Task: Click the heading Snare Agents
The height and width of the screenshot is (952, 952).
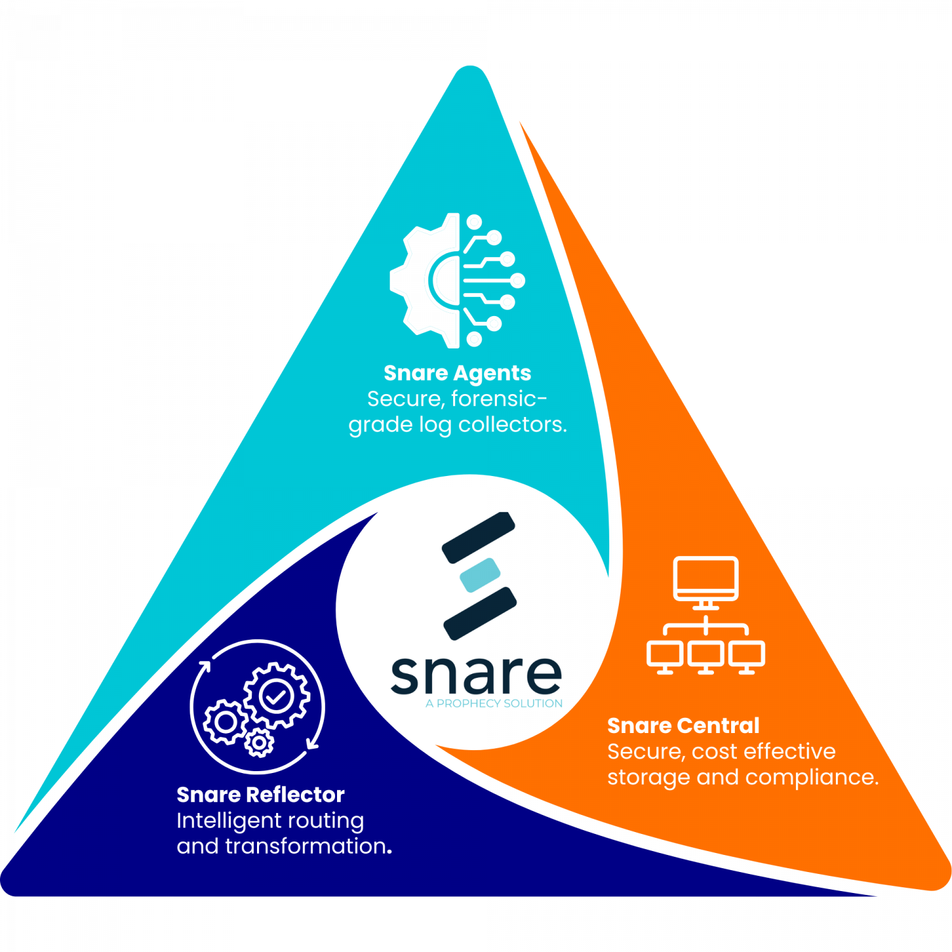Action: [x=457, y=373]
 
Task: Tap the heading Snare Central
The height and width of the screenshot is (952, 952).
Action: [x=683, y=725]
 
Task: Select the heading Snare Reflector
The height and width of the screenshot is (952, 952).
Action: [x=260, y=795]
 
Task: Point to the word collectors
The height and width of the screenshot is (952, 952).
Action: [x=512, y=425]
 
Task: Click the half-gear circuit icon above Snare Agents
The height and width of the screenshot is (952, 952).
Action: [x=457, y=280]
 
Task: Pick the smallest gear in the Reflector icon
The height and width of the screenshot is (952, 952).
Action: [x=259, y=743]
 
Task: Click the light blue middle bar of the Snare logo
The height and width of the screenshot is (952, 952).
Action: [x=480, y=575]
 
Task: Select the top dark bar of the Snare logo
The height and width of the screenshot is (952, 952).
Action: [x=479, y=538]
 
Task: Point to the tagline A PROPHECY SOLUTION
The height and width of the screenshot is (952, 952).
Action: [x=494, y=703]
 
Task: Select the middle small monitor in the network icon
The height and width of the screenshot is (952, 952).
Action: [x=706, y=655]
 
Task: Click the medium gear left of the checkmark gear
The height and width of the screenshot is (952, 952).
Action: [x=225, y=722]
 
